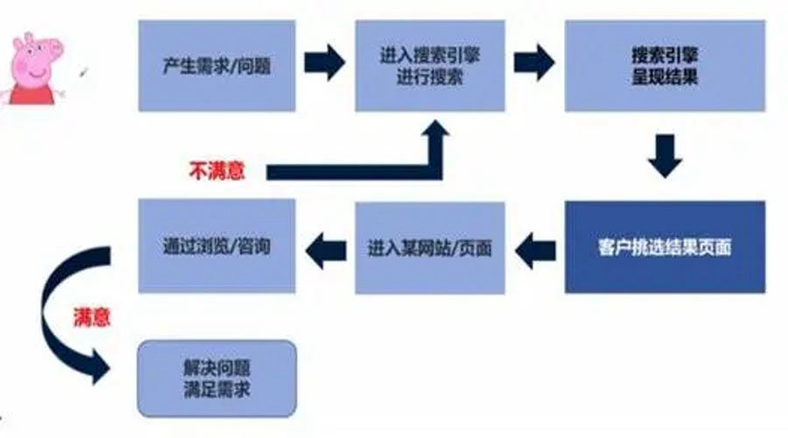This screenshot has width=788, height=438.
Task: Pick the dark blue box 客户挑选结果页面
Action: pos(665,247)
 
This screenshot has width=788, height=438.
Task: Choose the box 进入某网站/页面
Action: pos(429,247)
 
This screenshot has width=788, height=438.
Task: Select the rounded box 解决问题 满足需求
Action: pos(219,378)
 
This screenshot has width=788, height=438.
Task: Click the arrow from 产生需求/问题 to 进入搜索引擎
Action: pos(323,63)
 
